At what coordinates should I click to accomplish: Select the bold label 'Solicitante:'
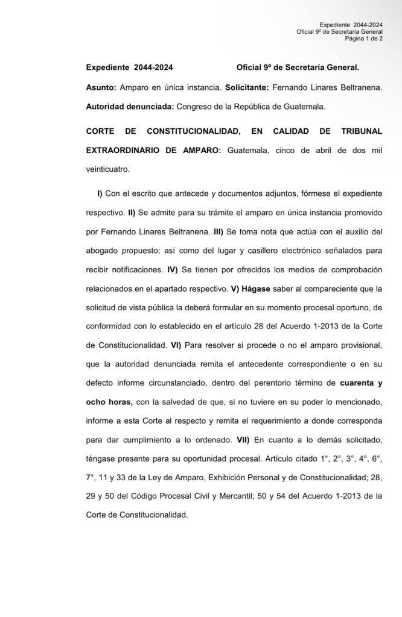pos(246,88)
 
